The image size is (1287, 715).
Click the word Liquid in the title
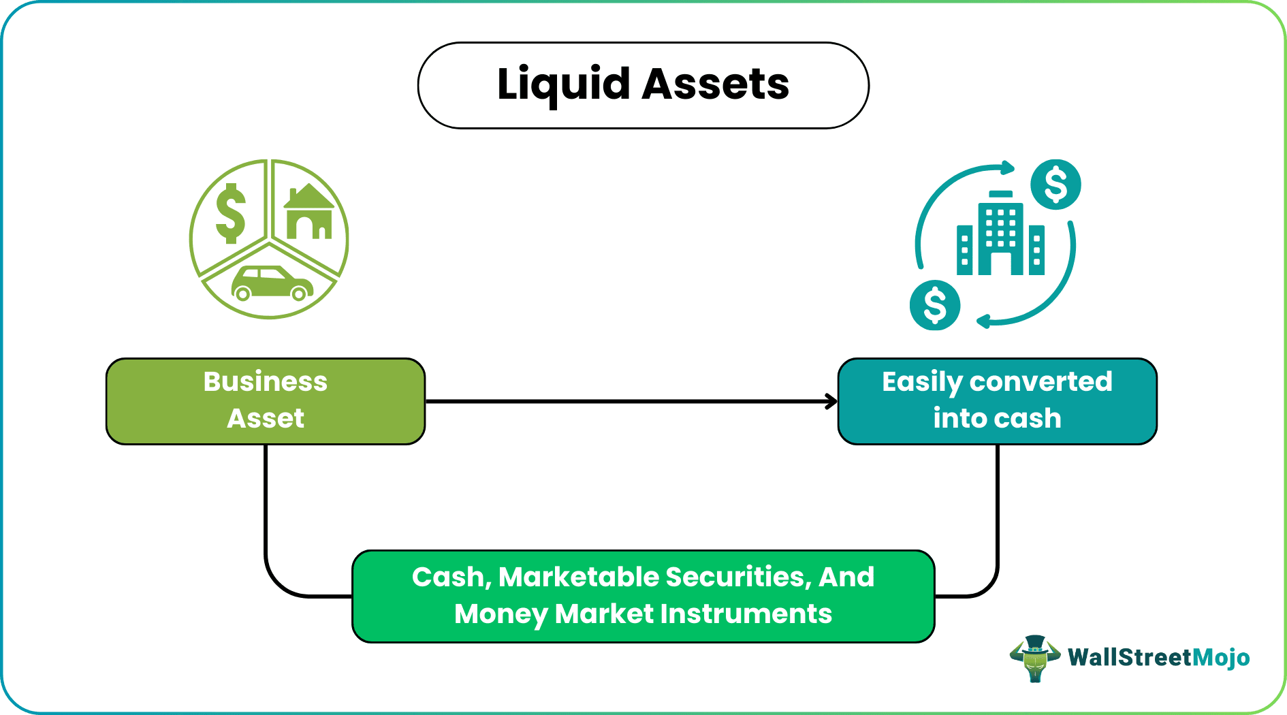564,85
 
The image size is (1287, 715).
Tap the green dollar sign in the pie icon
230,213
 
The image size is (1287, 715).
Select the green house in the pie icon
309,212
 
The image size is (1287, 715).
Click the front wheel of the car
298,293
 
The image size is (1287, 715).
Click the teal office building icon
1000,235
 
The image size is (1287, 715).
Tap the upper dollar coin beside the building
1055,185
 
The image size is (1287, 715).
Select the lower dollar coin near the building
935,305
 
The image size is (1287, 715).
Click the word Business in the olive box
266,382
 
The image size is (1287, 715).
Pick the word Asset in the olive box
266,418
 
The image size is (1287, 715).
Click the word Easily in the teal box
921,383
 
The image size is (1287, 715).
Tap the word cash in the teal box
1030,418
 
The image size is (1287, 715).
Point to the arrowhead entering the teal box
831,402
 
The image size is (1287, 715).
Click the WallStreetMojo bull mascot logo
1034,658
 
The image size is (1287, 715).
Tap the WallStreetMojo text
1158,657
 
